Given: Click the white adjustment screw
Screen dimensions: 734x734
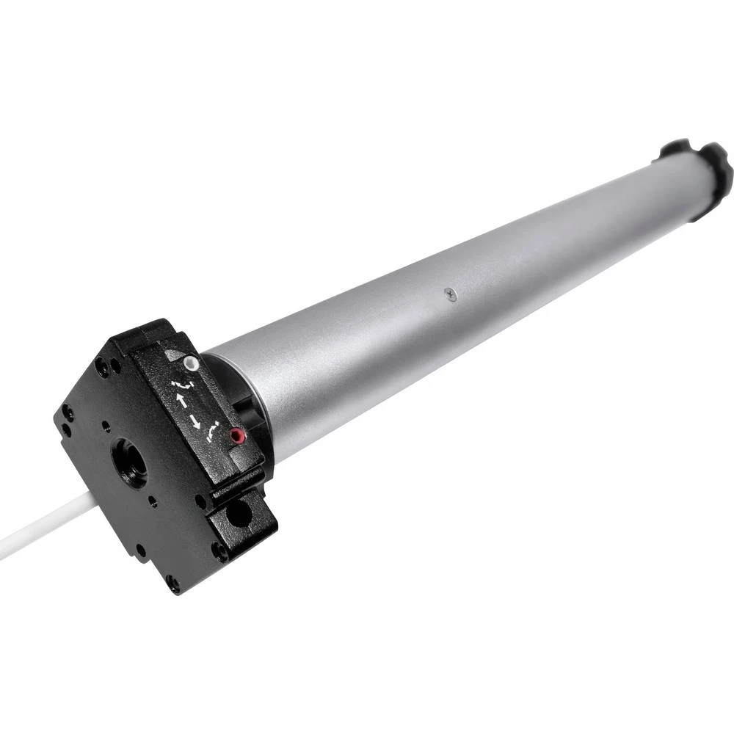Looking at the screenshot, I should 192,363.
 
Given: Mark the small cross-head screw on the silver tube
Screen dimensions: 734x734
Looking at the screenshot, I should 451,294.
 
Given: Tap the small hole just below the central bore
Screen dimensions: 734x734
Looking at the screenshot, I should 152,503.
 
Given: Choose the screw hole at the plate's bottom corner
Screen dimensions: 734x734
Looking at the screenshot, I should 173,584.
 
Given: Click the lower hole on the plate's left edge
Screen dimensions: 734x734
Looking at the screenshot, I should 66,430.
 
